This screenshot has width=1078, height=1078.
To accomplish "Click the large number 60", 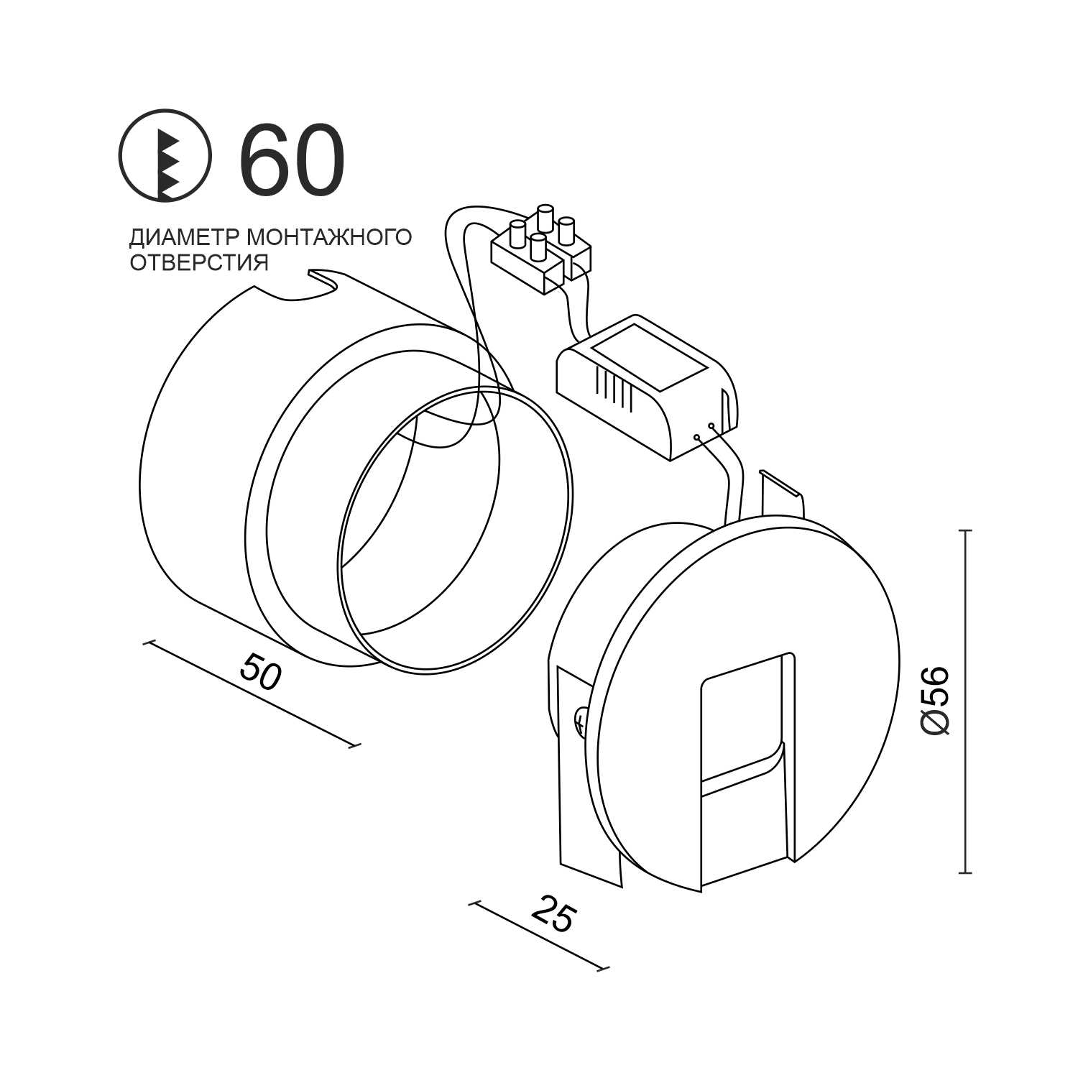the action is (x=292, y=160).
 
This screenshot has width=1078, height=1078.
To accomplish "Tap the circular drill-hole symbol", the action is (x=165, y=155).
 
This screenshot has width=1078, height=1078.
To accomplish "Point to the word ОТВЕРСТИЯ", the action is (x=199, y=262).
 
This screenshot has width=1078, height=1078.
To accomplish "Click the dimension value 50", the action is (x=260, y=671).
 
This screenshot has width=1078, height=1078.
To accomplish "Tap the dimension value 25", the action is (x=553, y=914).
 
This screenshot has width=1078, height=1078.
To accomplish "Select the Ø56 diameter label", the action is (x=935, y=701).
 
